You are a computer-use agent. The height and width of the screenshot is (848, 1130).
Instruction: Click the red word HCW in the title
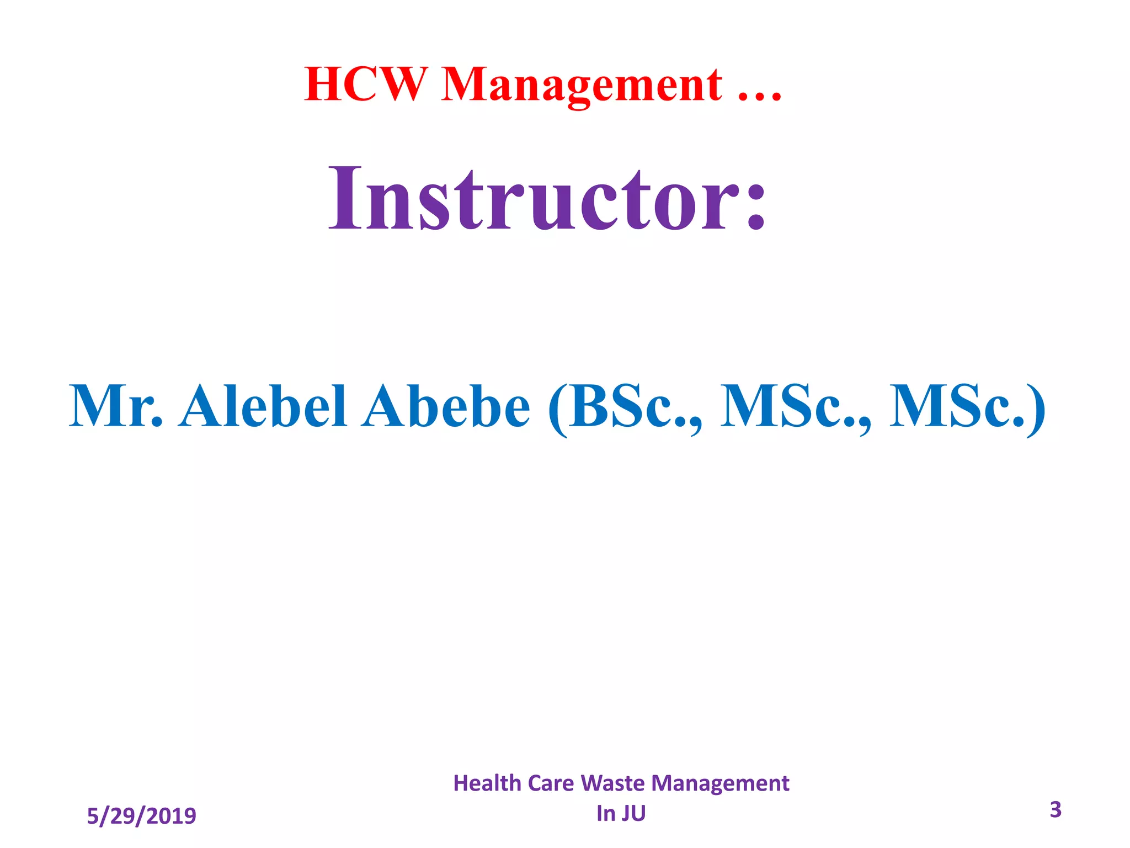(x=366, y=84)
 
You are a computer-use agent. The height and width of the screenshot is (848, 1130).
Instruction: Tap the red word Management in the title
(x=582, y=86)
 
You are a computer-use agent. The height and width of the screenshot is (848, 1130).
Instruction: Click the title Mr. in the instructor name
(x=116, y=407)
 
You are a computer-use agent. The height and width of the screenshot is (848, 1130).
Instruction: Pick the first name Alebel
(x=263, y=407)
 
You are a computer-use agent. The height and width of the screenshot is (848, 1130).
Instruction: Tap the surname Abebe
(x=446, y=407)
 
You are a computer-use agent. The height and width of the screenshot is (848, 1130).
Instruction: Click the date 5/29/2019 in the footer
(x=141, y=816)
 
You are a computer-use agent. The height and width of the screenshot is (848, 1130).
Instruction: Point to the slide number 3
(x=1055, y=809)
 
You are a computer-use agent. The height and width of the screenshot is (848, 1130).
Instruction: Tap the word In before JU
(x=605, y=814)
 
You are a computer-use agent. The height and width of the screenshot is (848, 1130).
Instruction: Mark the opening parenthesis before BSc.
(x=557, y=410)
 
